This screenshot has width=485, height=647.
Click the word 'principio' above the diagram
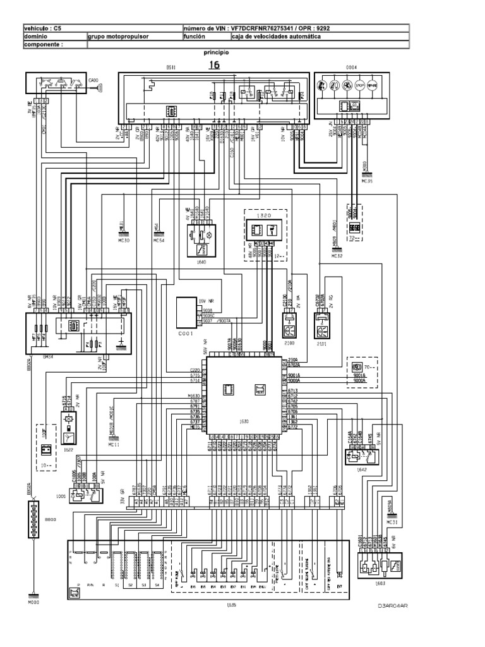pyautogui.click(x=217, y=53)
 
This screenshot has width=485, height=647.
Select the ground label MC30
pyautogui.click(x=124, y=241)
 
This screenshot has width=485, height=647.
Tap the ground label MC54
pyautogui.click(x=159, y=241)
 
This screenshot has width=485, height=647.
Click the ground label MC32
pyautogui.click(x=337, y=257)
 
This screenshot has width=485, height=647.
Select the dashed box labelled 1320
pyautogui.click(x=265, y=234)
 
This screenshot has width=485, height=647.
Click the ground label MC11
pyautogui.click(x=114, y=445)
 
